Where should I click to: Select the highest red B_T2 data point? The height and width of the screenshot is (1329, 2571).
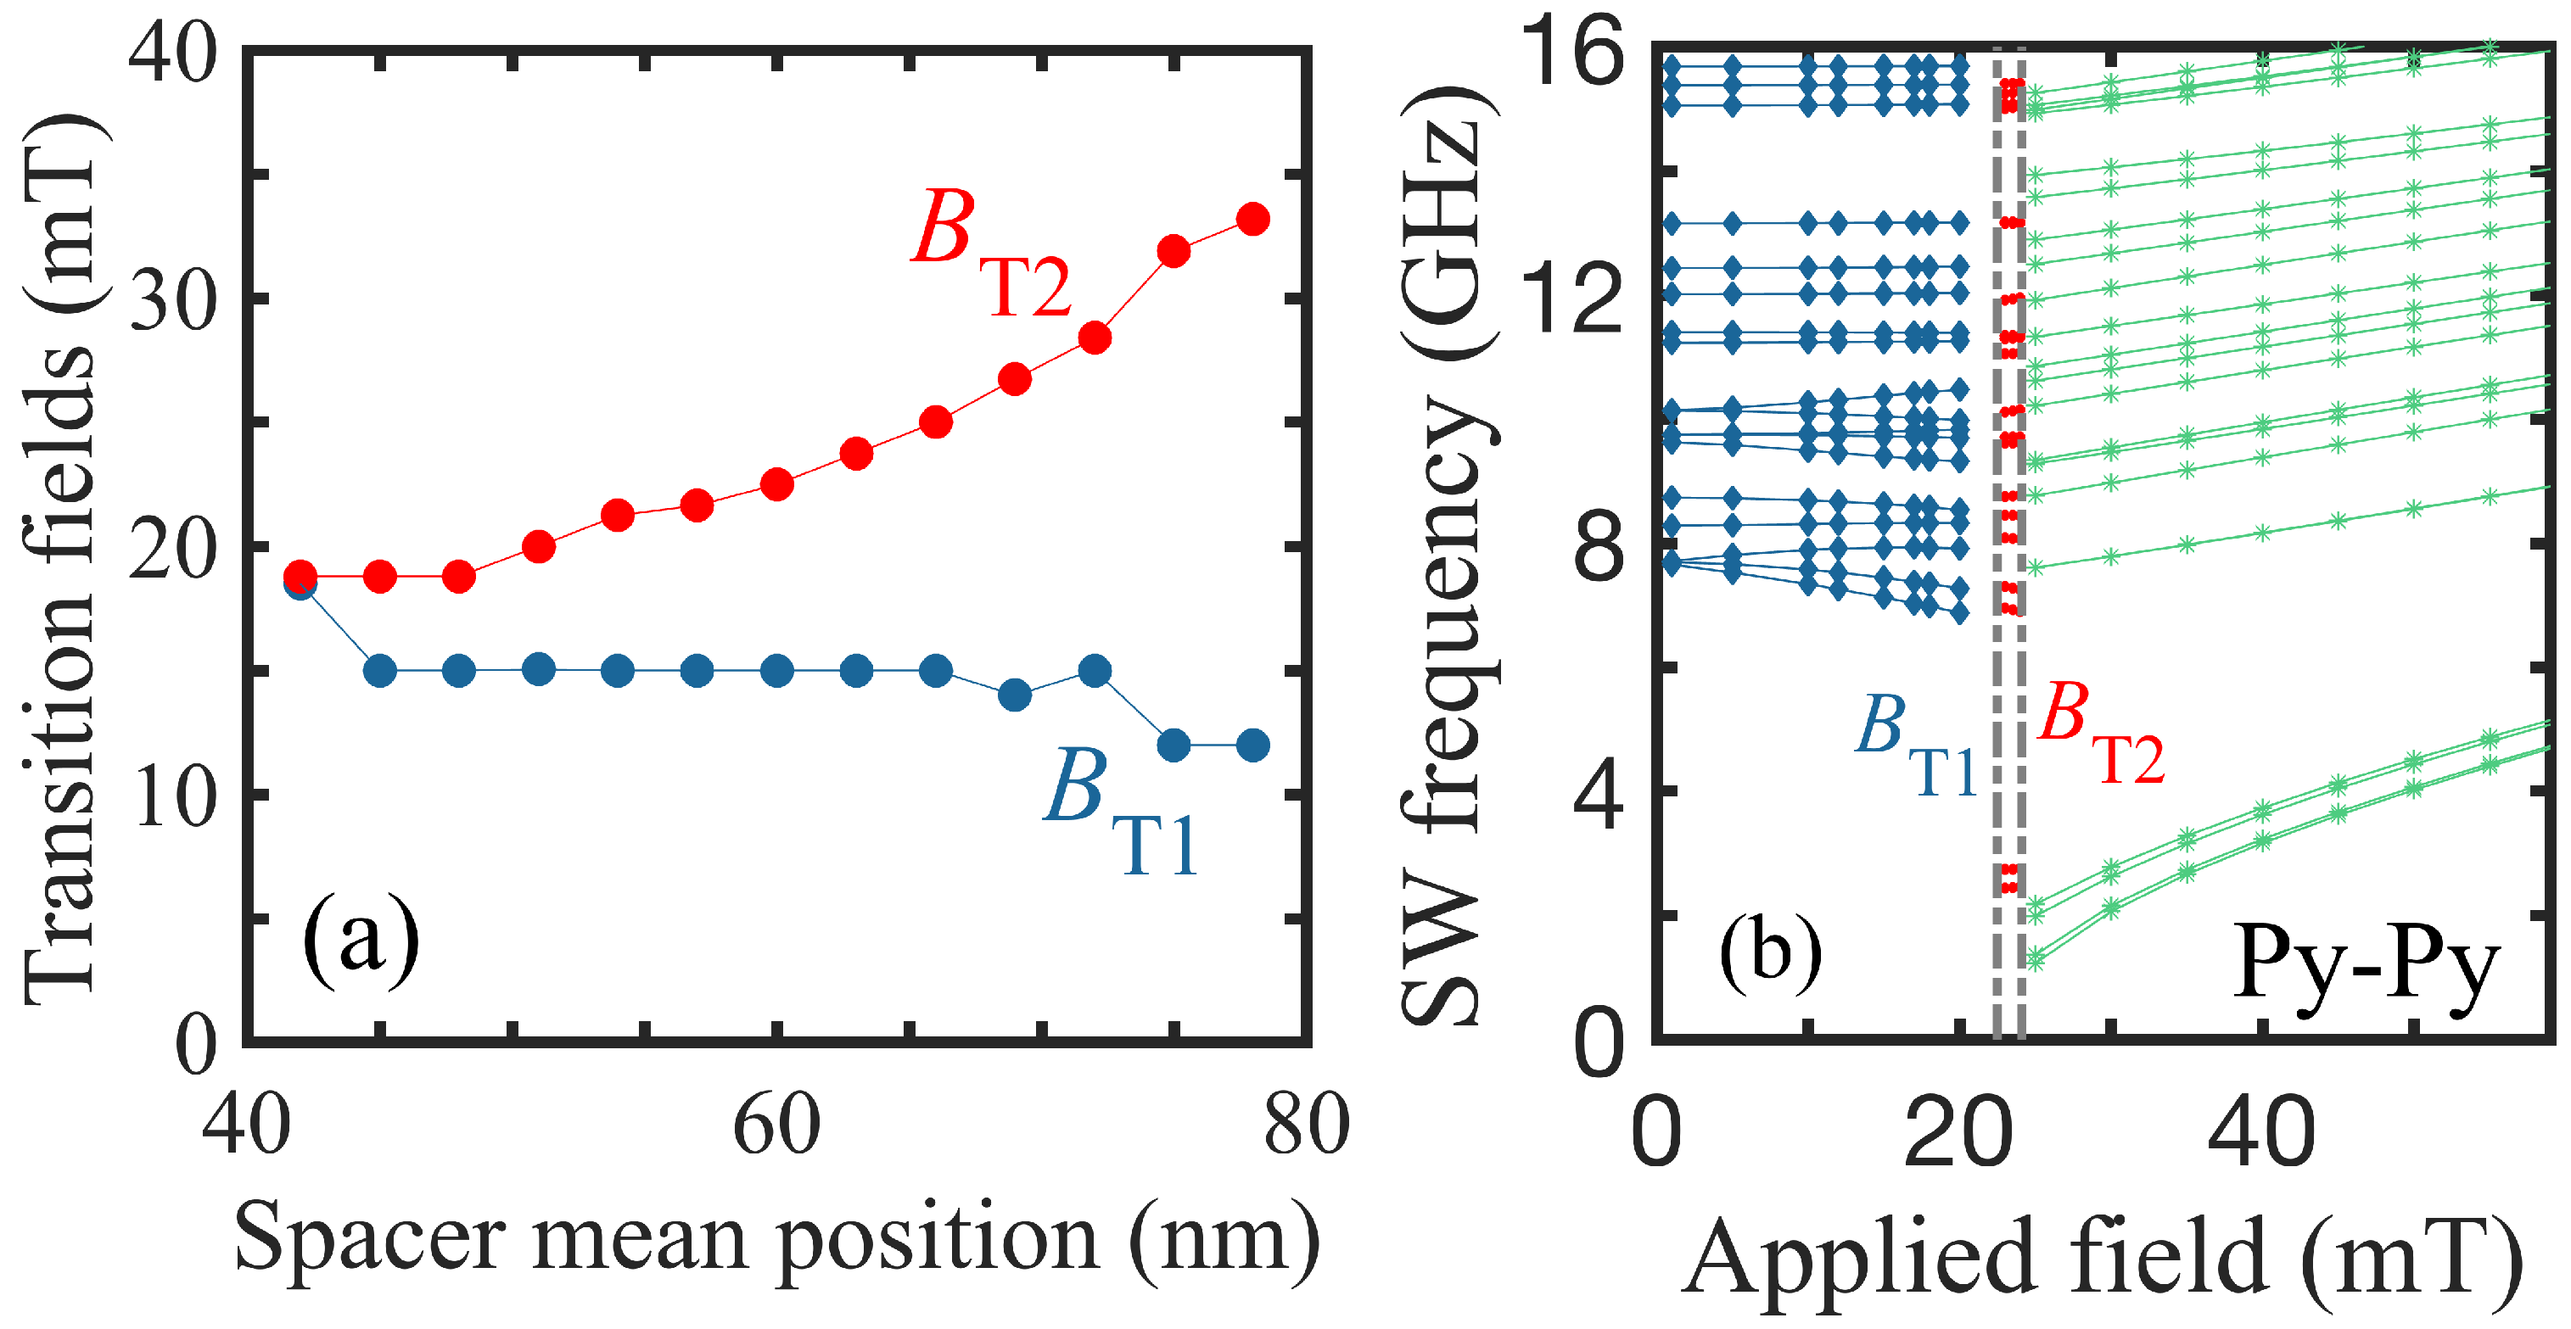pos(1252,219)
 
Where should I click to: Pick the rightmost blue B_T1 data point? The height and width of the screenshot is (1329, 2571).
pos(1252,745)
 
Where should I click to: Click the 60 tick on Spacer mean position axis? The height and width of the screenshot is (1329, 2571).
pos(776,1125)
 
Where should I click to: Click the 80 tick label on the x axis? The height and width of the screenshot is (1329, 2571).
pos(1307,1125)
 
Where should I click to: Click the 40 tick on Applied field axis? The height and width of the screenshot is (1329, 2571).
pos(2260,1133)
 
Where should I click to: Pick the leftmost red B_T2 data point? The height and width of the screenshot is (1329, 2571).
pos(300,576)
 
